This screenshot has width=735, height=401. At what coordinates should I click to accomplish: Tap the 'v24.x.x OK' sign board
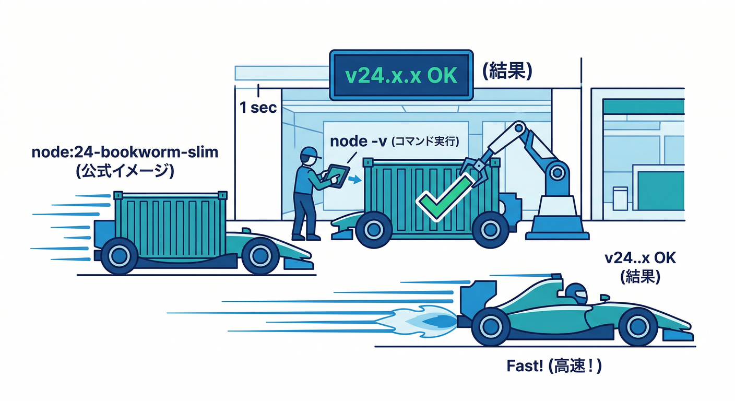pyautogui.click(x=401, y=75)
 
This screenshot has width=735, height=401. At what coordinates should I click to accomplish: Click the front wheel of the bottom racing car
pyautogui.click(x=636, y=327)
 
